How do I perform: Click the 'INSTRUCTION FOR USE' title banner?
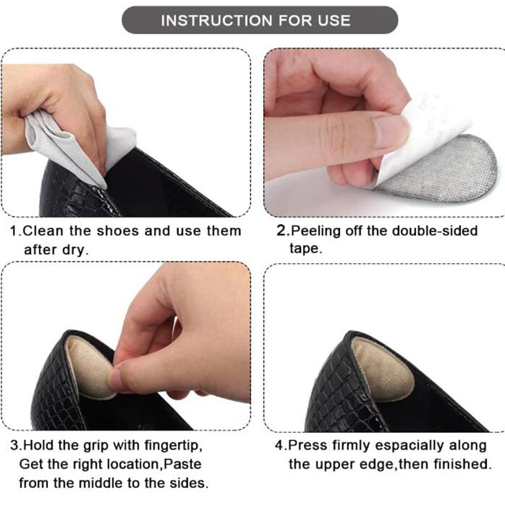tap(255, 20)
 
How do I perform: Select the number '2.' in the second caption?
tap(283, 231)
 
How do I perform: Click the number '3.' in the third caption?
tap(16, 446)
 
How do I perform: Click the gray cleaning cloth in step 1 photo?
tap(61, 145)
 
